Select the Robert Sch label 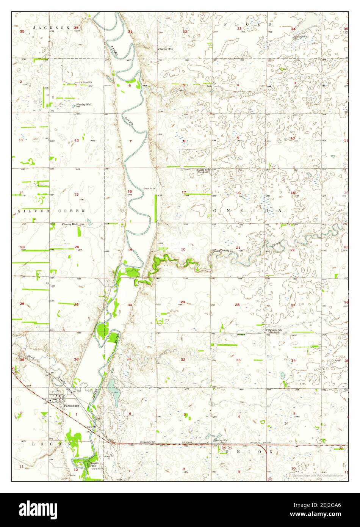tap(203, 170)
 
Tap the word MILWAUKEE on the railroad tap(148, 442)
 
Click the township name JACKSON tap(52, 28)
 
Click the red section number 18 tap(130, 191)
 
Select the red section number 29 tap(183, 302)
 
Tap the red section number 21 tap(238, 248)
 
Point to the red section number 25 tap(76, 304)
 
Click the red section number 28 tap(237, 304)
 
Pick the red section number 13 tap(76, 194)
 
